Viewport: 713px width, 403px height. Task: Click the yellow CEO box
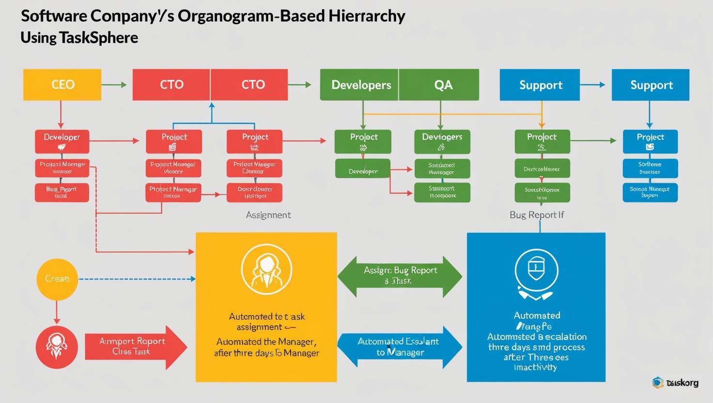62,85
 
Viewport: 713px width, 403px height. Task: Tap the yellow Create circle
57,279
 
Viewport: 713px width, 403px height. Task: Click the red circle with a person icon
57,347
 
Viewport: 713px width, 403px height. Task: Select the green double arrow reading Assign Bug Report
400,276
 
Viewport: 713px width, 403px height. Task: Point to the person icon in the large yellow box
266,269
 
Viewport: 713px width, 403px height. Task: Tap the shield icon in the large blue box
536,269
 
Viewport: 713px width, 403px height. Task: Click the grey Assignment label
268,215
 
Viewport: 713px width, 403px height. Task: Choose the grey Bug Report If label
537,215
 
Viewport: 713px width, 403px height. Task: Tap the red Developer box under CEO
62,141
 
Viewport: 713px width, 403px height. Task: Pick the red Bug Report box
62,192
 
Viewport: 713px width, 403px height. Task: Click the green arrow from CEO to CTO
114,85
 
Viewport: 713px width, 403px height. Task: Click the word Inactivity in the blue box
535,368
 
